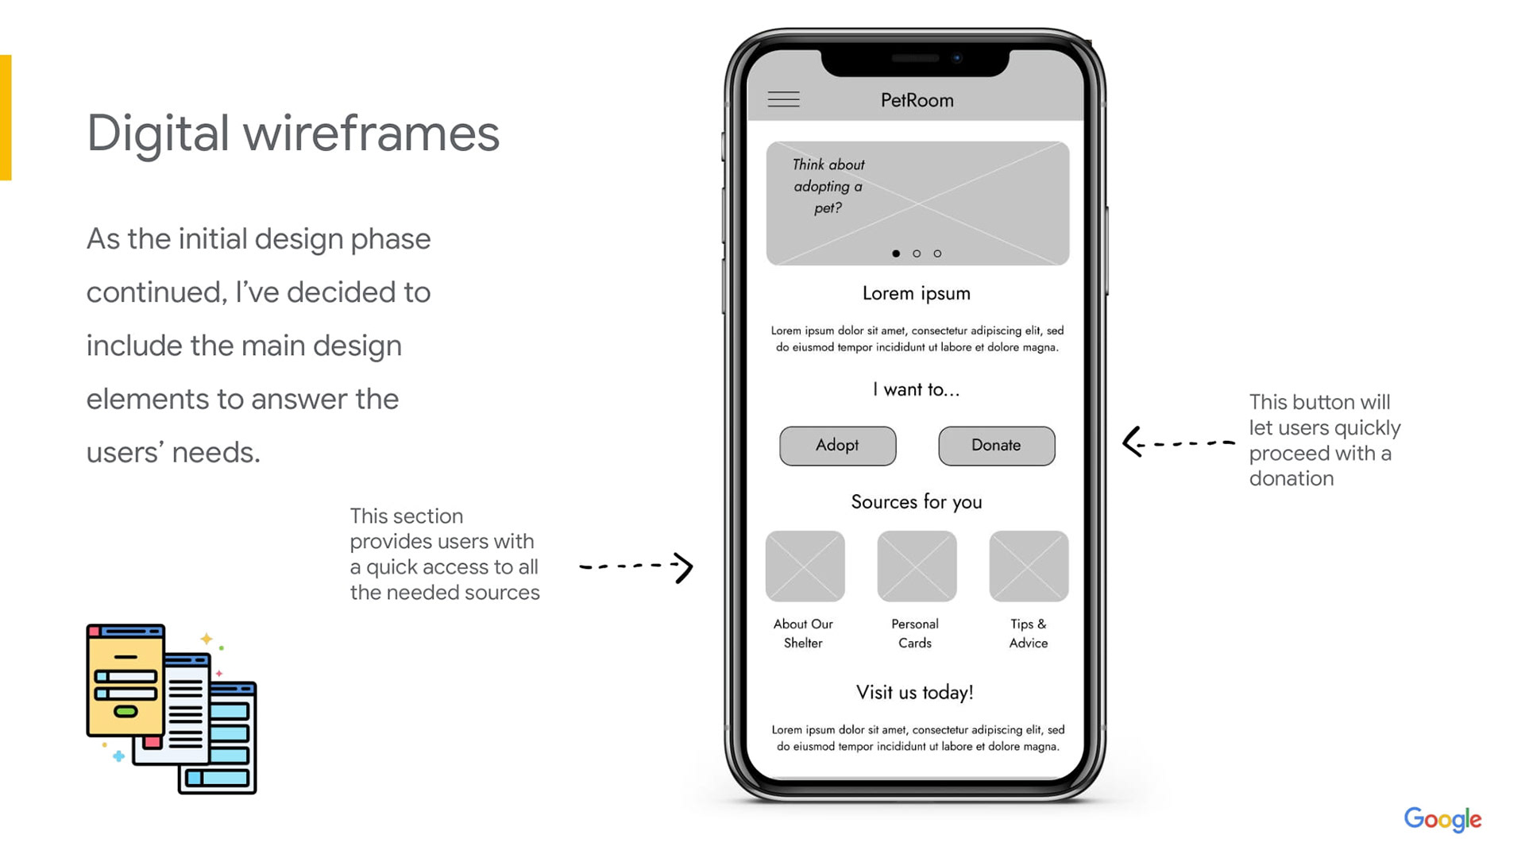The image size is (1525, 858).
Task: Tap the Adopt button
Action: [837, 446]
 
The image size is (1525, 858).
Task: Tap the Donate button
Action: [997, 446]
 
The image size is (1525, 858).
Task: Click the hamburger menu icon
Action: [783, 99]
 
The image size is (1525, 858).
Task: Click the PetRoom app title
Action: [917, 100]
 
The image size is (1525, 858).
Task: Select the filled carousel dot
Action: [896, 253]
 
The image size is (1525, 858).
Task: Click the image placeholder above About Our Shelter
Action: [805, 566]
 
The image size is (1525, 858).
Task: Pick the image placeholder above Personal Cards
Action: [917, 566]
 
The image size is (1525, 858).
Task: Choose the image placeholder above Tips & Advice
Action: [1029, 566]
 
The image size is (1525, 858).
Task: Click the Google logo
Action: [1442, 819]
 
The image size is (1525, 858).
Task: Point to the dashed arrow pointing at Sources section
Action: [636, 566]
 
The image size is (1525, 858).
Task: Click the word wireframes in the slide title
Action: [371, 133]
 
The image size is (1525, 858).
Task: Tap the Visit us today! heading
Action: [915, 692]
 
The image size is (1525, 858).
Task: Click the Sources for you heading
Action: [917, 502]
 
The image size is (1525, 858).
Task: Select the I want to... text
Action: [917, 389]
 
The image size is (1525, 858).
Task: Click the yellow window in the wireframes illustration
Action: [125, 680]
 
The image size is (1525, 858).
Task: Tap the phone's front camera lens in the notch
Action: [957, 58]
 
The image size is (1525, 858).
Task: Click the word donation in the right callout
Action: [1291, 478]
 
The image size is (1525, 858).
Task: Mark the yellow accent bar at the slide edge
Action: [6, 118]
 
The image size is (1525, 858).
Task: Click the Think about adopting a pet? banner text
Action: [828, 186]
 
